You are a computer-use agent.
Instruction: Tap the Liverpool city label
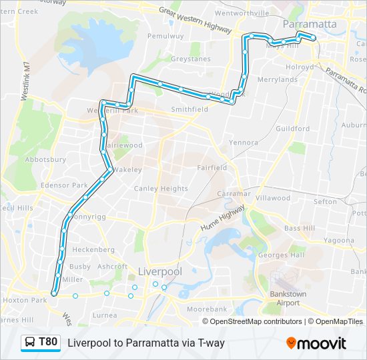coord(159,271)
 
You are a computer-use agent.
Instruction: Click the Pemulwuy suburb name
coord(164,36)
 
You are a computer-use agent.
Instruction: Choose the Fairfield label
coord(213,168)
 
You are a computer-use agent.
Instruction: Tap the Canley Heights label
coord(161,189)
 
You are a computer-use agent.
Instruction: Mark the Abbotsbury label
coord(45,160)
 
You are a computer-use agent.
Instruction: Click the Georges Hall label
coord(281,255)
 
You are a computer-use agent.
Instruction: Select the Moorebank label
coord(207,310)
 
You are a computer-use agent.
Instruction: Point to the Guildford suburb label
coord(293,129)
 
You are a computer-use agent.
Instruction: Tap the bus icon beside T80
coord(31,343)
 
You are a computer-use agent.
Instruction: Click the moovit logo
coord(316,343)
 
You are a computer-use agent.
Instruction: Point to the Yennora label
coord(243,143)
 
